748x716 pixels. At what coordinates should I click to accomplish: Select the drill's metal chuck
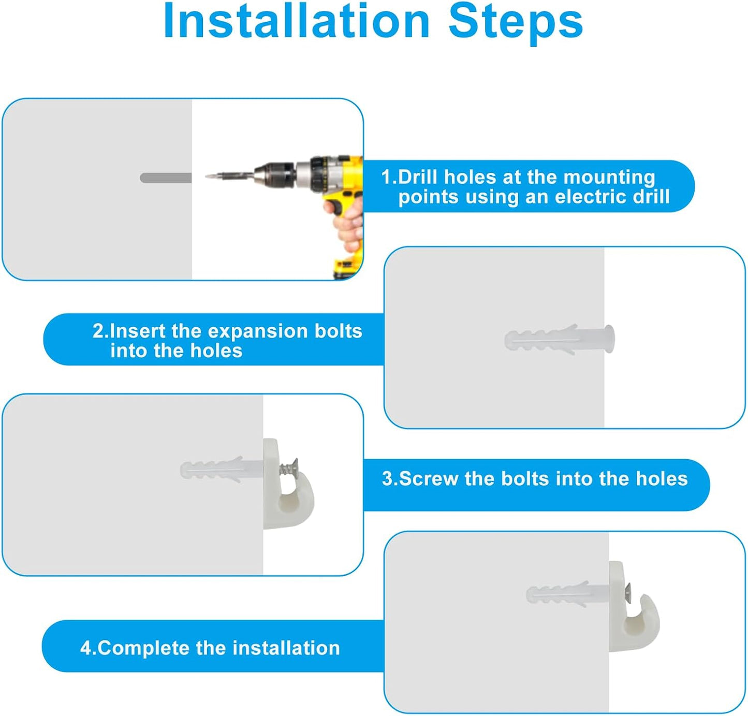[275, 177]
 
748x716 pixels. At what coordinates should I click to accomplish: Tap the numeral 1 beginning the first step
[387, 177]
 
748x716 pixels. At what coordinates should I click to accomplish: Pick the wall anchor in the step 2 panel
[559, 339]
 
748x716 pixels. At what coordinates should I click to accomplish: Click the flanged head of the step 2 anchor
[609, 339]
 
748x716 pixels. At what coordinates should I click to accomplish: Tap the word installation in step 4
[286, 648]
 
